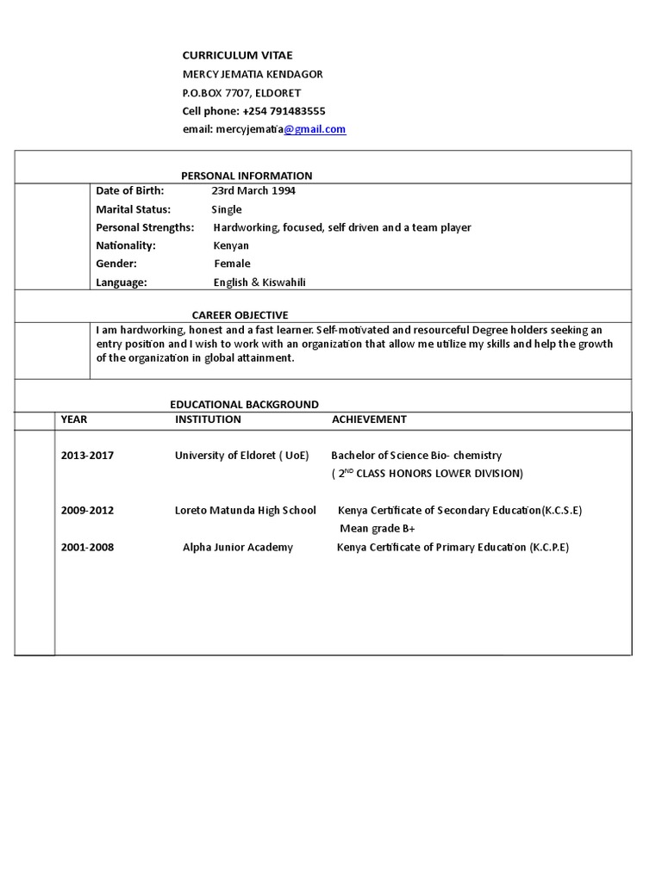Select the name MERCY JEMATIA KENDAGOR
[252, 74]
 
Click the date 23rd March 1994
[253, 190]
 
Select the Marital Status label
[134, 209]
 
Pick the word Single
[227, 209]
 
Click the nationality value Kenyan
[231, 245]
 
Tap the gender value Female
[232, 264]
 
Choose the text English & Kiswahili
[259, 283]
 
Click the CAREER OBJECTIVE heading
[240, 315]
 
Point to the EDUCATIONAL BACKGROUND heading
[244, 404]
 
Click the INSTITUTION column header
[208, 419]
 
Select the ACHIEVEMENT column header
[369, 419]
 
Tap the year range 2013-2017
[87, 456]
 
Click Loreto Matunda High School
[245, 510]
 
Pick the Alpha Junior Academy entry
[237, 547]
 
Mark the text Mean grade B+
[377, 529]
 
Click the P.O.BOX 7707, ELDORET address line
[241, 93]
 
